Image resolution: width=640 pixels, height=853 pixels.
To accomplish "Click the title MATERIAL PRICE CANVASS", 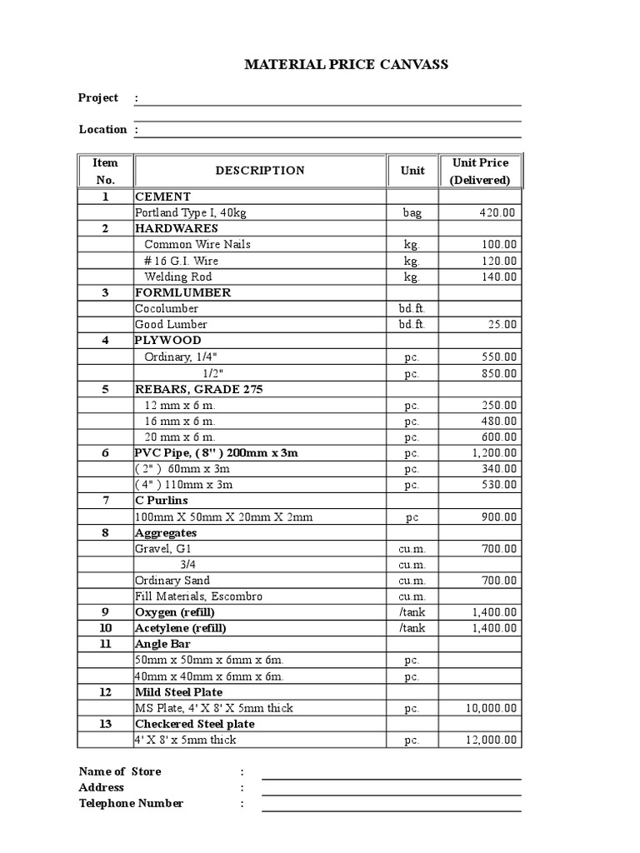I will point(346,65).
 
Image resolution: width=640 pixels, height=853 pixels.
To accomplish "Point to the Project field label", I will point(98,97).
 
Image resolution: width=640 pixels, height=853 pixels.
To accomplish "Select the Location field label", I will point(102,129).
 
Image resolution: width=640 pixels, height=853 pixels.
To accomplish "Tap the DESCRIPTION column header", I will point(260,171).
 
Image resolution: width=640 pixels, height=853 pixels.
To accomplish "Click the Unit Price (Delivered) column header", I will point(480,171).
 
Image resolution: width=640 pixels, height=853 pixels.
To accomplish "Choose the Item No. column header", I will point(105,171).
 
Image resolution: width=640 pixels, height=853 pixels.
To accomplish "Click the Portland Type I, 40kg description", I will point(191,212).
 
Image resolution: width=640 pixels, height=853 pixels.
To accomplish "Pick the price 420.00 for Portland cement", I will point(497,212).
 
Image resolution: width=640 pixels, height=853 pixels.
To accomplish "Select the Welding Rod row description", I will point(177,277).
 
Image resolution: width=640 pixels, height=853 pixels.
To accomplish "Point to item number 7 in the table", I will point(105,501).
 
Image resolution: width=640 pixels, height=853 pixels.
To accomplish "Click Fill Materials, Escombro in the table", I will point(198,596).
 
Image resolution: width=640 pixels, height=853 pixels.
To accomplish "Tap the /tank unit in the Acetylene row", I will point(412,628).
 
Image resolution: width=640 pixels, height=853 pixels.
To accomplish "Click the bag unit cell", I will point(412,212).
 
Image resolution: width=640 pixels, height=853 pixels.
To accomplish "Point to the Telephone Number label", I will point(131,803).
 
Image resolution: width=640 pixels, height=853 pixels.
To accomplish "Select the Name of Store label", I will point(120,771).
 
